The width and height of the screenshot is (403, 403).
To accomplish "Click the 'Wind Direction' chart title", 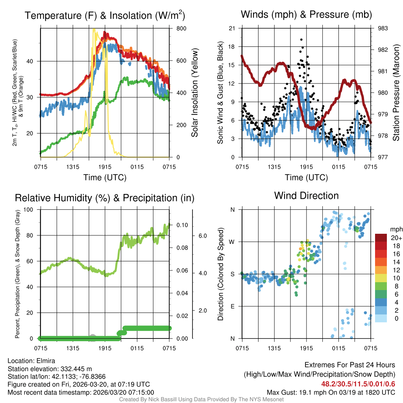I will point(306,196).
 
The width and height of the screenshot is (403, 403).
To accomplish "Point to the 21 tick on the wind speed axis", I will point(232,28).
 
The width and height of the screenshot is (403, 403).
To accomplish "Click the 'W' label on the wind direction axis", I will point(233,242).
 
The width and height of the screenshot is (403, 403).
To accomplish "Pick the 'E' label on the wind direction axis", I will point(233,306).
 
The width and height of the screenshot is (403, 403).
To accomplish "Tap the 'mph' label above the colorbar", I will point(395,229).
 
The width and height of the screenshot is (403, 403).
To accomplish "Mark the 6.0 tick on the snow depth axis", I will point(202,236).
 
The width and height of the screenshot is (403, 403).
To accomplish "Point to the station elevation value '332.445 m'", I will point(76,369).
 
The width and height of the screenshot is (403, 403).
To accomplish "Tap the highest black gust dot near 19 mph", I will point(301,39).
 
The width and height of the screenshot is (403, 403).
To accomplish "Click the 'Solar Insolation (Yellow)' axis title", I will point(195,92).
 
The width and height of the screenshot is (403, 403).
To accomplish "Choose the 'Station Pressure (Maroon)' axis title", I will point(396,92).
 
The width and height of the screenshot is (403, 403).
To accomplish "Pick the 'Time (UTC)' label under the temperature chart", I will point(105,177).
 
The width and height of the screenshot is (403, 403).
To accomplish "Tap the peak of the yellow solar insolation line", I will point(94,29).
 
